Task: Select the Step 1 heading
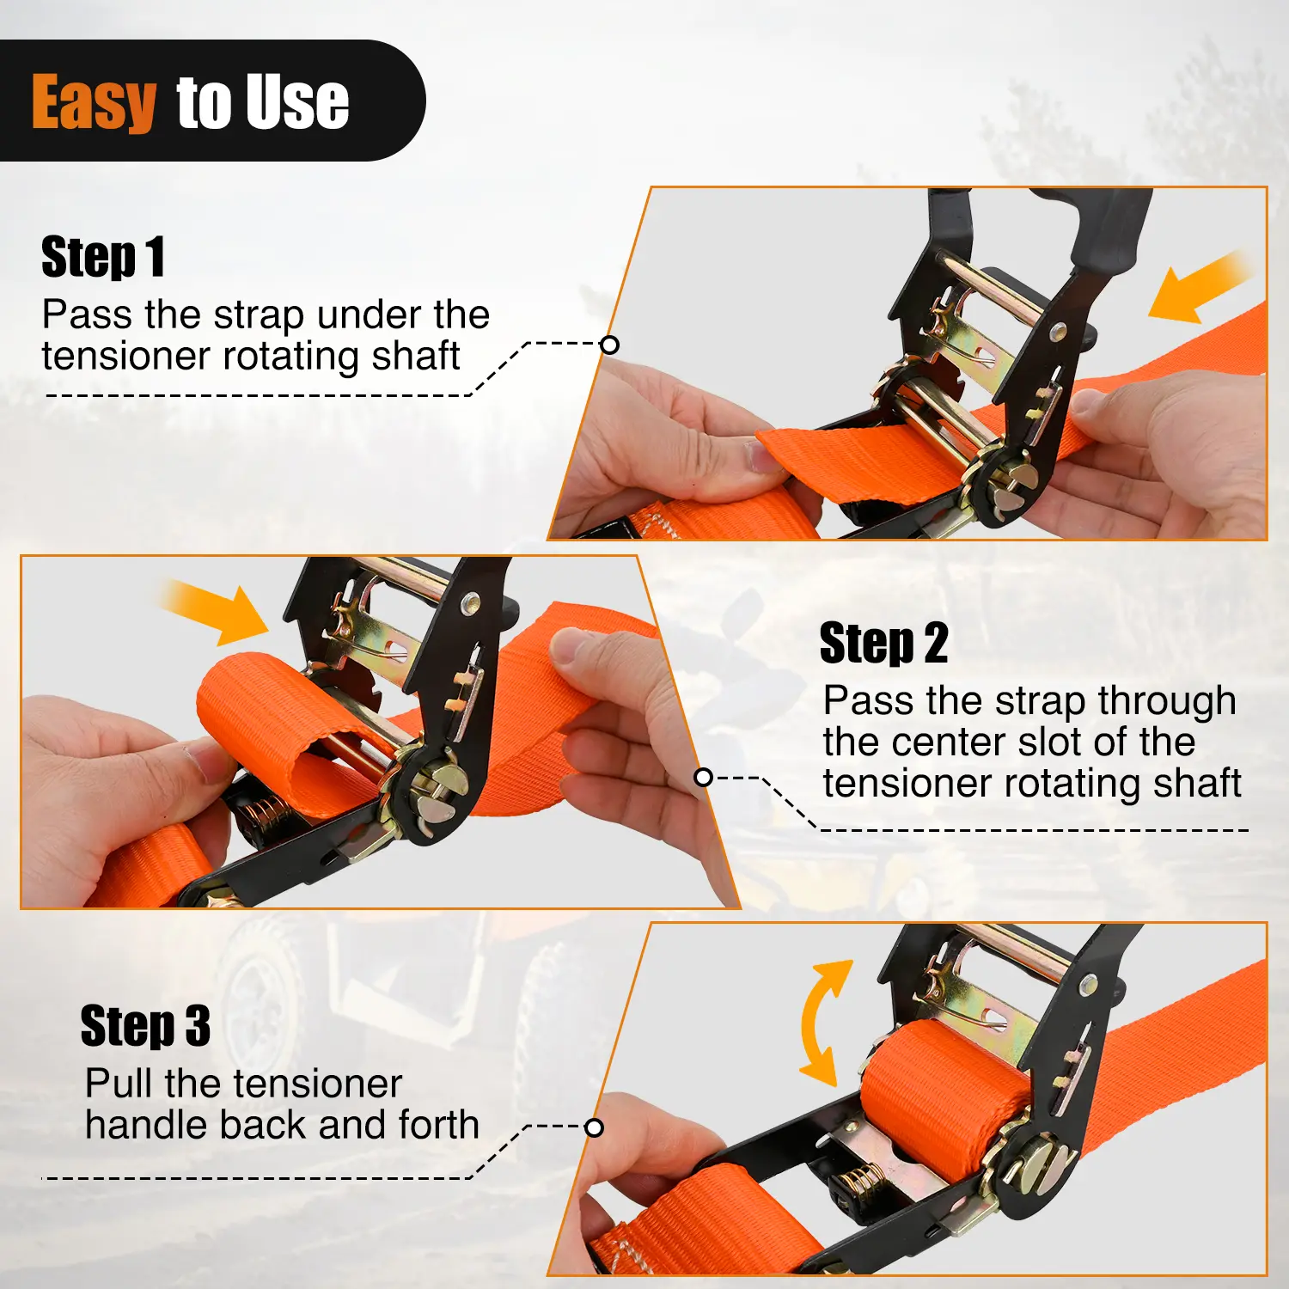103,257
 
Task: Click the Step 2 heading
883,643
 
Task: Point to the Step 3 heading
145,1025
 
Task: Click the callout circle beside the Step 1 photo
609,345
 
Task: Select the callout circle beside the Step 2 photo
703,778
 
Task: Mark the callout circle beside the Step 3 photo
594,1127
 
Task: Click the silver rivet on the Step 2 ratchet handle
469,602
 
